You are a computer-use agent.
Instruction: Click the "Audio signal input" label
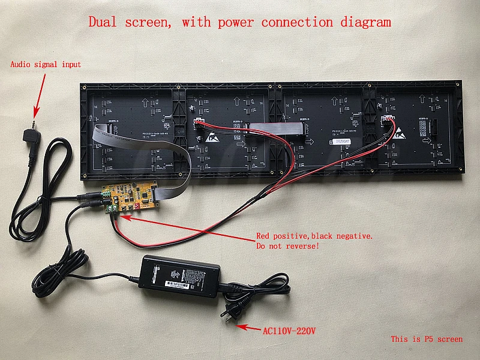click(x=45, y=64)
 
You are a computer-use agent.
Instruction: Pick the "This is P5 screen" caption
click(x=427, y=340)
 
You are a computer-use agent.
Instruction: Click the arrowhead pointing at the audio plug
click(x=35, y=112)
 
